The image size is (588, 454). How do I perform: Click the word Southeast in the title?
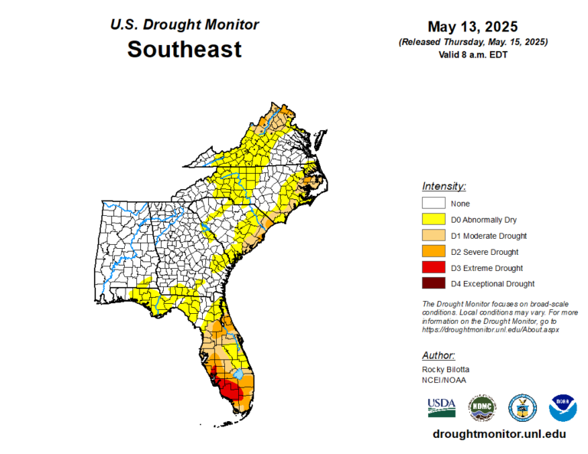coord(184,50)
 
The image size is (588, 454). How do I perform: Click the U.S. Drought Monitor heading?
coord(184,24)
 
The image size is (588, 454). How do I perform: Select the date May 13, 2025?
coord(472,27)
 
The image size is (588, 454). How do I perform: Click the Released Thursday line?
coord(472,41)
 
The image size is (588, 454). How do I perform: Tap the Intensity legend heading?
coord(444,186)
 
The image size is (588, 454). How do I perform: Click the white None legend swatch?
coord(433,204)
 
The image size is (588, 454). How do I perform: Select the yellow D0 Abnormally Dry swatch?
coord(433,220)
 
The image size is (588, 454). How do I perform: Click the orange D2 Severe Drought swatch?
coord(433,252)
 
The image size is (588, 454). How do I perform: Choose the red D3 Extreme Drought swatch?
coord(433,268)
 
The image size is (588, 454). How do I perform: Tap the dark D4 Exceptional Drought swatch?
coord(433,284)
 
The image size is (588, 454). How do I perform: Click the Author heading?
coord(439,355)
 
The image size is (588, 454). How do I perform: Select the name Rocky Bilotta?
coord(446,370)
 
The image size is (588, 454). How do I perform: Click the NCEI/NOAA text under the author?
coord(443,381)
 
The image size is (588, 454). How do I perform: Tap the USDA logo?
coord(442,407)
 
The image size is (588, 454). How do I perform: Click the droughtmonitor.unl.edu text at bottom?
coord(499,434)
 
